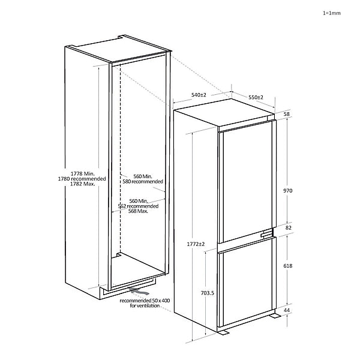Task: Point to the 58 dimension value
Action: click(287, 114)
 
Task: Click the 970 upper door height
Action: click(287, 190)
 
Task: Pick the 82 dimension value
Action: click(287, 228)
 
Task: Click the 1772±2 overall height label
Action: click(195, 244)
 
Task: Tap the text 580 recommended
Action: click(143, 181)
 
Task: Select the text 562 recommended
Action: click(139, 206)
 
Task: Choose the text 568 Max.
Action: click(139, 211)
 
